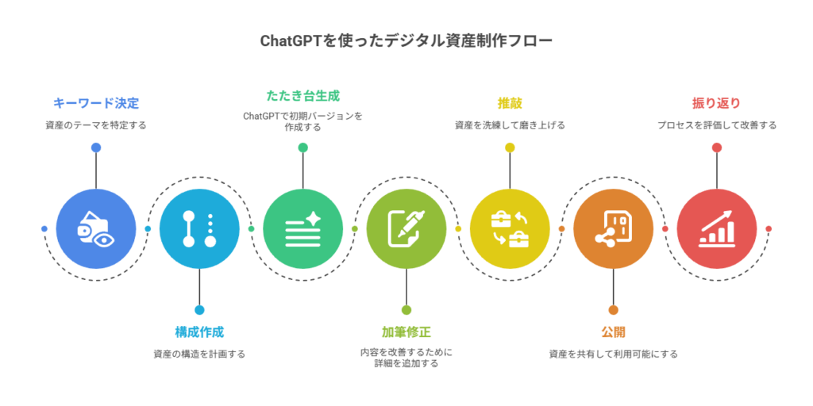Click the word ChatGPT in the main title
(x=291, y=40)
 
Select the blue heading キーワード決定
(x=96, y=103)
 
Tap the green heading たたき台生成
(x=302, y=96)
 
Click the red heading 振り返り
(x=716, y=103)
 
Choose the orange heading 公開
(x=613, y=331)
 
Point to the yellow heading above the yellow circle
(x=510, y=103)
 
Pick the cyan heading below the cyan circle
(x=199, y=331)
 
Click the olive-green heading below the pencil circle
(x=406, y=331)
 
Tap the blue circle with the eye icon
(x=96, y=228)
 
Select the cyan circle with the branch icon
(x=199, y=228)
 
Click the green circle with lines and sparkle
(x=302, y=228)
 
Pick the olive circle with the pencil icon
(x=406, y=228)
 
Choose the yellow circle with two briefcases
(x=510, y=228)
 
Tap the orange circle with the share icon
(x=613, y=228)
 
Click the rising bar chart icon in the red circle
(x=716, y=230)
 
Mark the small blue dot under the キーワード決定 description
(x=96, y=147)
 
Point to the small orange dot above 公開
(x=613, y=310)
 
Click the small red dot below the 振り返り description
(x=716, y=147)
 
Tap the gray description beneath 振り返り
(x=716, y=125)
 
